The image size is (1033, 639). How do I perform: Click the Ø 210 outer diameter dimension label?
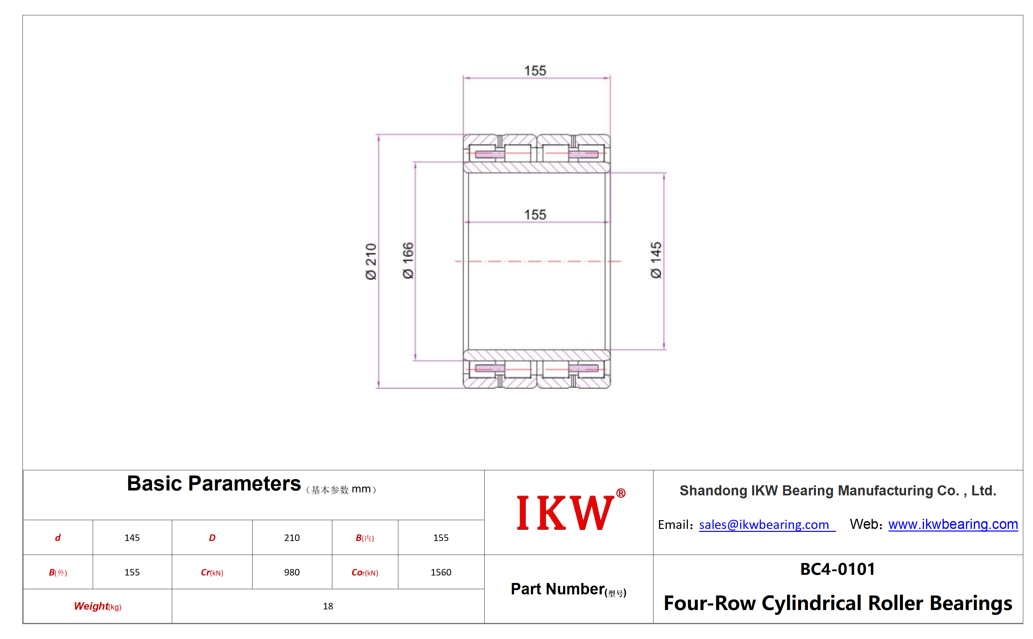tap(371, 261)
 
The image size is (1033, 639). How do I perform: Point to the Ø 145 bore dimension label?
tap(656, 260)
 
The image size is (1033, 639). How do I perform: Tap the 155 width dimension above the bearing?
tap(535, 71)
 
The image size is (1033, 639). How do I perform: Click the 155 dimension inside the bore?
tap(535, 215)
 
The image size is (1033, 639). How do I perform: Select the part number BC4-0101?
tap(837, 569)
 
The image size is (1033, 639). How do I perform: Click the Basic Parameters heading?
tap(214, 483)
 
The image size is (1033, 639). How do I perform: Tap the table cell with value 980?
tap(292, 572)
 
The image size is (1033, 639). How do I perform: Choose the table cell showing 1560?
tap(441, 572)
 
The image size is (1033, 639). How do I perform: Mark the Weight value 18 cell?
tap(328, 606)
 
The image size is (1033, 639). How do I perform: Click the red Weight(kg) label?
tap(98, 606)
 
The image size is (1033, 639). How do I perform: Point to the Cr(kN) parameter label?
tap(212, 573)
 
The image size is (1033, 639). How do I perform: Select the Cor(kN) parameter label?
tap(365, 573)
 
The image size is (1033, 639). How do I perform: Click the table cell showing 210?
tap(292, 538)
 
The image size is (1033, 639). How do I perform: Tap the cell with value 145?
tap(132, 538)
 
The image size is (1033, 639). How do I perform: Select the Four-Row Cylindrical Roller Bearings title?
tap(838, 603)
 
